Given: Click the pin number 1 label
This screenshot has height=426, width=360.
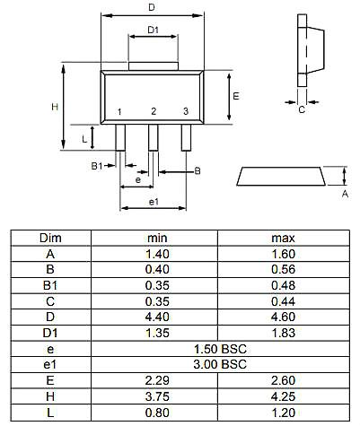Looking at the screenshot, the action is coord(119,112).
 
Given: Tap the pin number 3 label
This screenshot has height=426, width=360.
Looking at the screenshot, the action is coord(186,111).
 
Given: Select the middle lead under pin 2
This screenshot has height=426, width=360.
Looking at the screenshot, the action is coord(154,137).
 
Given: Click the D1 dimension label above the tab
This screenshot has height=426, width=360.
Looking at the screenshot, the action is coord(153,30).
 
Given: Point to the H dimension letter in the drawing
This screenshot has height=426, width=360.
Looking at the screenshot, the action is coord(55,107).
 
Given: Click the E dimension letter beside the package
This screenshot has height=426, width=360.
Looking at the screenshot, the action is coord(236,96).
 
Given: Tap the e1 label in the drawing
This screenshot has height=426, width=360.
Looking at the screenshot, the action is coord(154,202).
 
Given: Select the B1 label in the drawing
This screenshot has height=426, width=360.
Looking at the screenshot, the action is coord(97,166).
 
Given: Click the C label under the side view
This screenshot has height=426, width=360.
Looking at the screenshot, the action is coord(302,109).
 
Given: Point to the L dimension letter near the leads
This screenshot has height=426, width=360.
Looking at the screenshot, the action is coord(84,139).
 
